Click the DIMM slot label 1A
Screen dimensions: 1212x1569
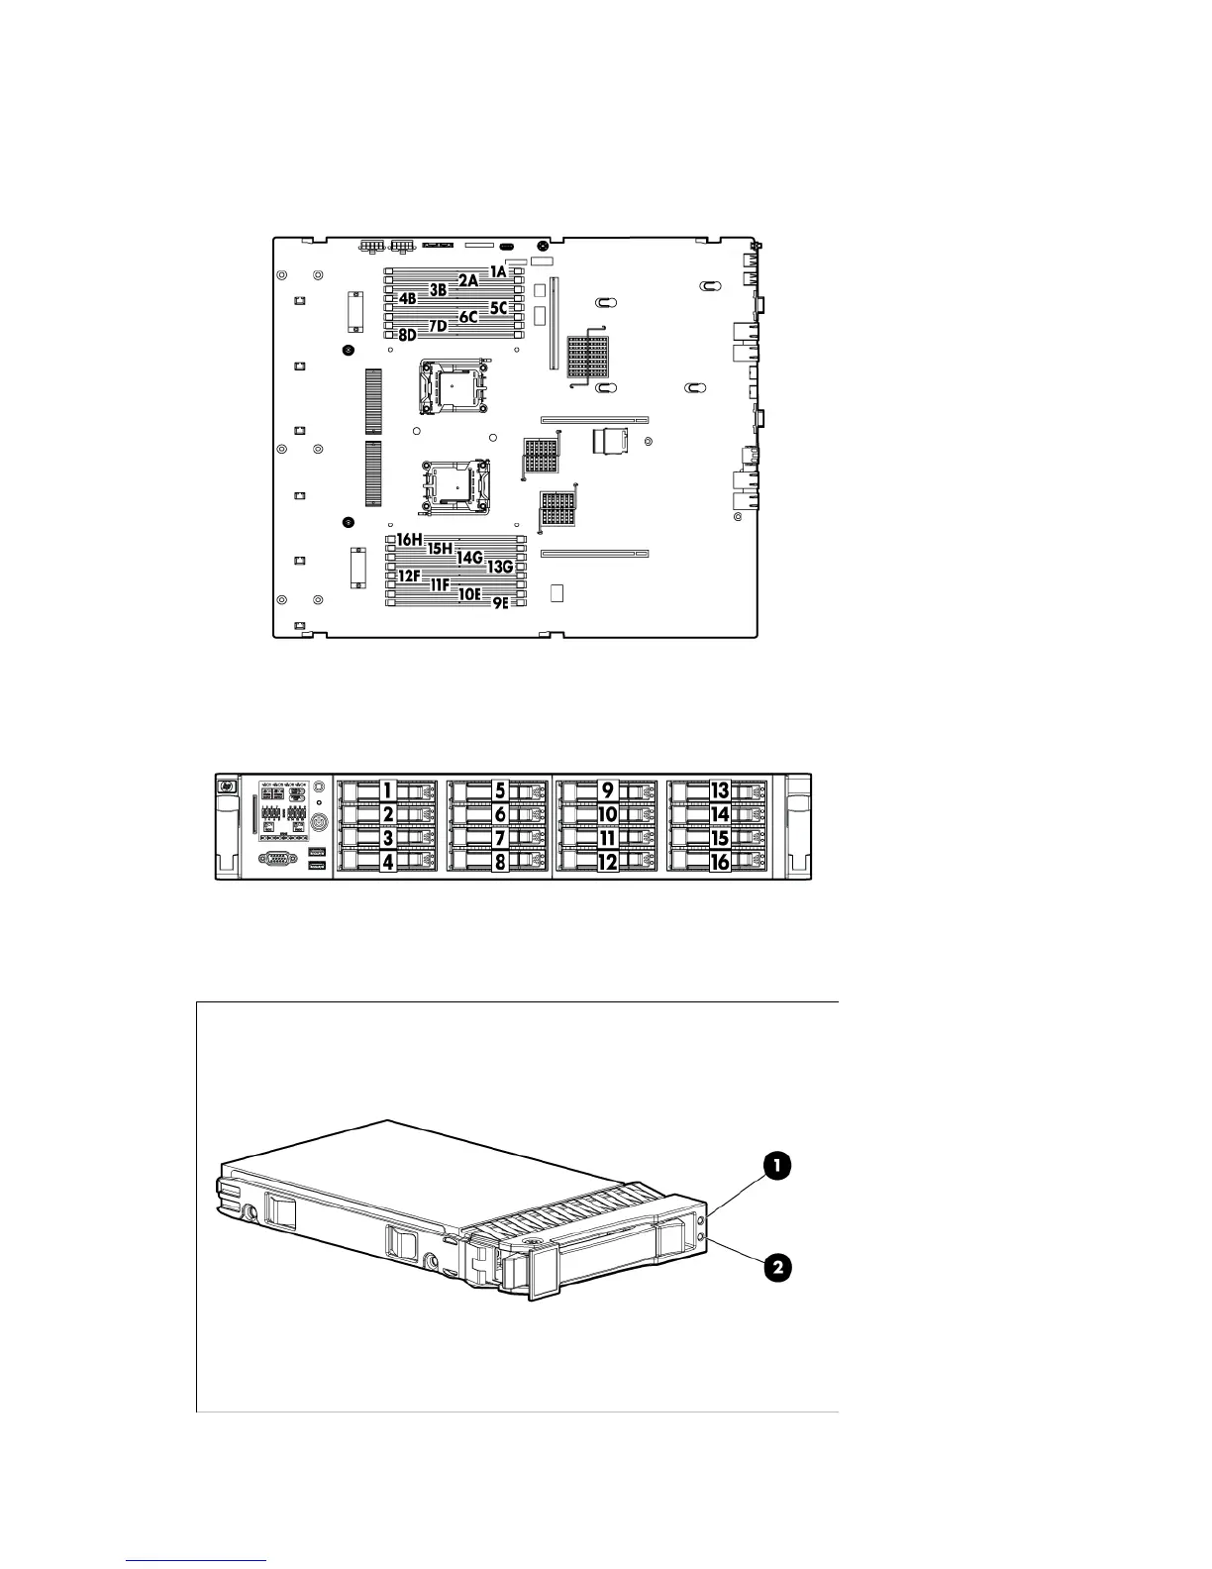click(497, 270)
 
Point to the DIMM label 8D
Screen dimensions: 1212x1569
click(406, 335)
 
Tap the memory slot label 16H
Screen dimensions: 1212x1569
click(409, 540)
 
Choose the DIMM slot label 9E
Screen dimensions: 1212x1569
click(500, 602)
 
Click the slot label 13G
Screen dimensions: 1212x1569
click(499, 567)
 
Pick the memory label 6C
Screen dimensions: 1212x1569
click(468, 317)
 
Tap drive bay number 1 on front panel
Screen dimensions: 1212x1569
click(389, 790)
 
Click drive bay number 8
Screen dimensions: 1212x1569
click(500, 862)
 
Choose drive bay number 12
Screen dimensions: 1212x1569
click(607, 862)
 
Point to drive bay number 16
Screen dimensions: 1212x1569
click(720, 862)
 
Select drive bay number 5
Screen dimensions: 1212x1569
click(500, 790)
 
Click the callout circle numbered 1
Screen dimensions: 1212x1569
click(775, 1167)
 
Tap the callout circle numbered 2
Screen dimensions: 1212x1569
click(775, 1267)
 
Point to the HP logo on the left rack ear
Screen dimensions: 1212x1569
click(227, 785)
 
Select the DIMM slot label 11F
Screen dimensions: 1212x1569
click(439, 584)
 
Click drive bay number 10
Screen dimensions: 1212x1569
click(607, 814)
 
